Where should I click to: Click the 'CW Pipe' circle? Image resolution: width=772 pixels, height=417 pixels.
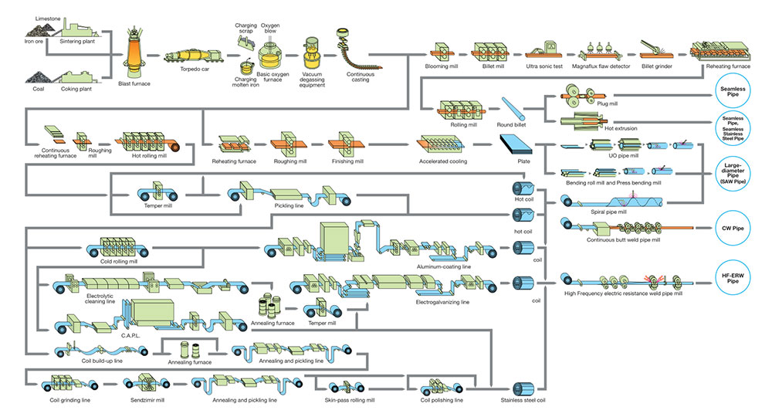point(733,229)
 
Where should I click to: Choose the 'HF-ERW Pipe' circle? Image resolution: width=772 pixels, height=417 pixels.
point(733,278)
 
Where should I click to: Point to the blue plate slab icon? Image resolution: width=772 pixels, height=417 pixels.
point(516,144)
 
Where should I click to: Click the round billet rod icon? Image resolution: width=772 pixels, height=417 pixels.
point(513,109)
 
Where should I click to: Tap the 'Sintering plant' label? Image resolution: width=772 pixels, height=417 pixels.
point(77,42)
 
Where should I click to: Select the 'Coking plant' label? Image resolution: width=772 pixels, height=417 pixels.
point(76,89)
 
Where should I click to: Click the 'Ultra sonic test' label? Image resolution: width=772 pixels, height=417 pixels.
point(544,66)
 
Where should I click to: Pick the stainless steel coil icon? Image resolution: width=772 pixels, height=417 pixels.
point(523,388)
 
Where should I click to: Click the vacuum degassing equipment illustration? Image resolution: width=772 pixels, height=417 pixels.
point(311,53)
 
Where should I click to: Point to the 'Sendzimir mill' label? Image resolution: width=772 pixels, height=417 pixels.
point(147,400)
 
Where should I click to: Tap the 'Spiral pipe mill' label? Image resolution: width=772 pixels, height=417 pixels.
point(608,212)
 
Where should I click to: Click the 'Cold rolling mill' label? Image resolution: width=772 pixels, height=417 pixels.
point(119,262)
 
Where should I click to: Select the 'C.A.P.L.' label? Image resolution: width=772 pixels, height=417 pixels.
point(130,336)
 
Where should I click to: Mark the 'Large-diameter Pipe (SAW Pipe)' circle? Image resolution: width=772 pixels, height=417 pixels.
point(733,173)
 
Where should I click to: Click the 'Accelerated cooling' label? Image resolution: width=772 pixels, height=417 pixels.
point(443,161)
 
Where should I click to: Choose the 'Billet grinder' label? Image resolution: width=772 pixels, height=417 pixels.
point(657,66)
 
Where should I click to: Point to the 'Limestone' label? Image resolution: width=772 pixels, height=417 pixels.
point(48,19)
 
